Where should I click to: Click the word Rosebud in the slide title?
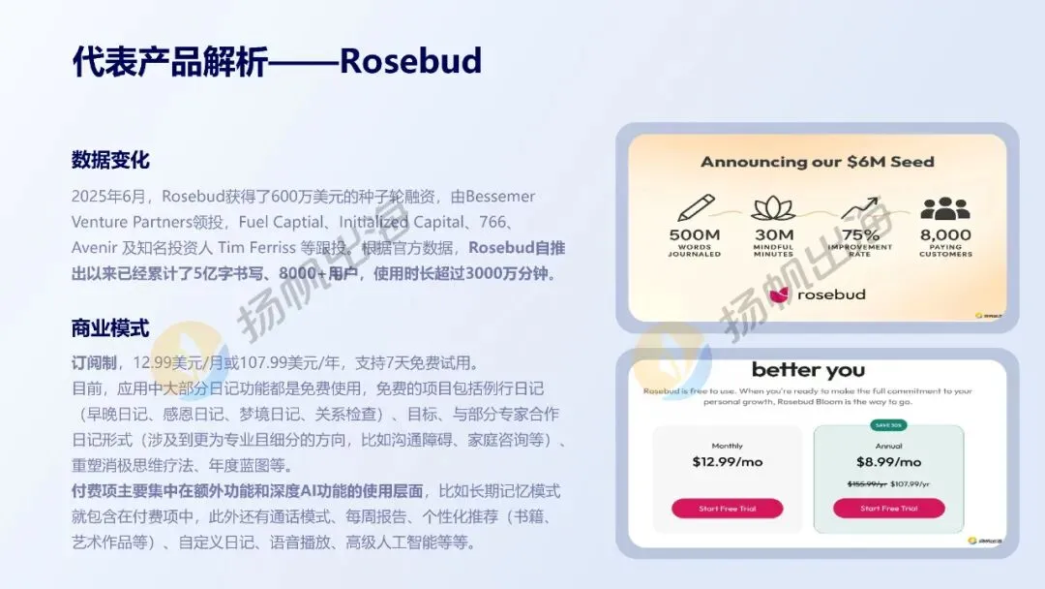(410, 60)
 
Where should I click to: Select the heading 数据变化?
(110, 161)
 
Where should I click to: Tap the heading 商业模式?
(110, 328)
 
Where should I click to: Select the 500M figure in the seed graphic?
(694, 235)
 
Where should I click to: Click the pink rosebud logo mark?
(778, 294)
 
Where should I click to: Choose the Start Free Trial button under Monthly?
(727, 509)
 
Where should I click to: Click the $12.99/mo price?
(727, 462)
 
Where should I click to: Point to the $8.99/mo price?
(888, 462)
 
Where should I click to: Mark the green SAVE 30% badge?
(888, 424)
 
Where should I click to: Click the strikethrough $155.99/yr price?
(867, 483)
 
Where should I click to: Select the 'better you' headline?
(808, 370)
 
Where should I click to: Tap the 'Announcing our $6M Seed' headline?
(818, 162)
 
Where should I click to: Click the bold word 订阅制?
(95, 363)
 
